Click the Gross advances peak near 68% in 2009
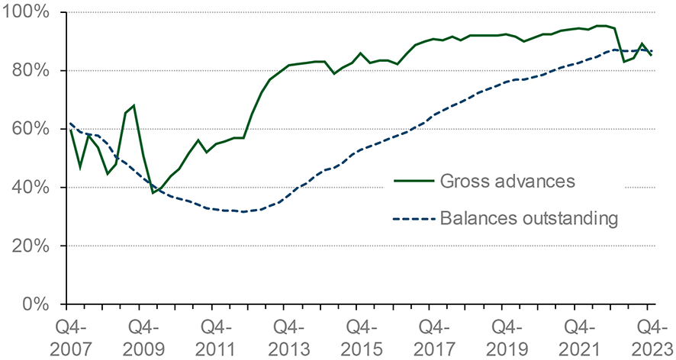[x=134, y=105]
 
